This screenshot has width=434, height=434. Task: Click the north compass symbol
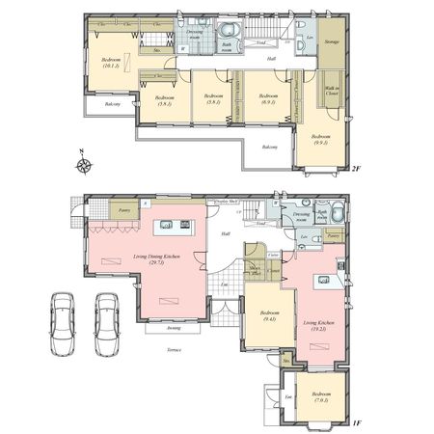(x=87, y=163)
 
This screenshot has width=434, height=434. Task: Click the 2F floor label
(x=355, y=169)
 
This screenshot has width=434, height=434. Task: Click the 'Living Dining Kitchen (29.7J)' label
(x=155, y=258)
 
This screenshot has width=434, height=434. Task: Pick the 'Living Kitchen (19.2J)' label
(x=318, y=327)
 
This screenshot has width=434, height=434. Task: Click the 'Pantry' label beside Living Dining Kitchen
(x=123, y=208)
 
